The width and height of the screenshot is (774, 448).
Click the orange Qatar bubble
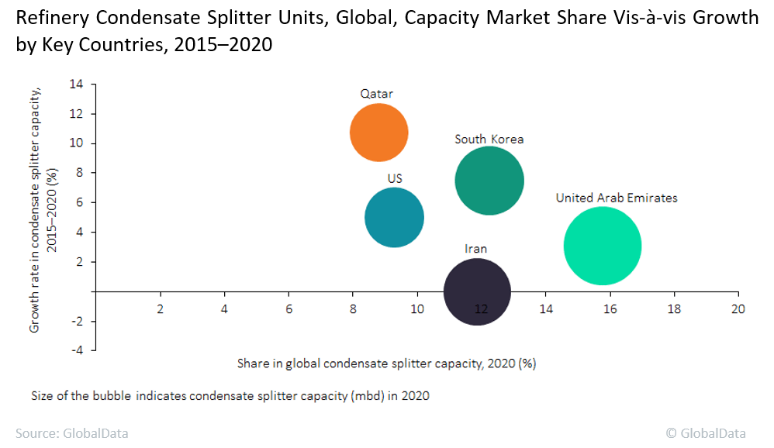(x=378, y=133)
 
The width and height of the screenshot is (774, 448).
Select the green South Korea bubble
(x=489, y=181)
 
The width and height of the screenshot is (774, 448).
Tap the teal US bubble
(x=394, y=218)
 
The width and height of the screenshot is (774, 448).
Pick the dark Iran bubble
(x=477, y=292)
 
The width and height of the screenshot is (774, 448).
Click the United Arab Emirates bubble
(x=602, y=246)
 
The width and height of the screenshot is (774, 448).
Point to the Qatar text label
(x=376, y=94)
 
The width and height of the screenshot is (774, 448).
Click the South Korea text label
(x=489, y=140)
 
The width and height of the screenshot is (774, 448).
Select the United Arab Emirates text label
(x=616, y=198)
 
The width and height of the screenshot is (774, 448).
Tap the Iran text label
(x=475, y=249)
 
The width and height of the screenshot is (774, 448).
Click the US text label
(x=395, y=178)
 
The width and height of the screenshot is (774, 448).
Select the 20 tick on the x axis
(x=738, y=308)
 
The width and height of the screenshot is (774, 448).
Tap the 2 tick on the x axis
(x=161, y=308)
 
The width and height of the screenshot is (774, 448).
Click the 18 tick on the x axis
(x=673, y=308)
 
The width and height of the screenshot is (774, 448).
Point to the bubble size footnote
(x=230, y=395)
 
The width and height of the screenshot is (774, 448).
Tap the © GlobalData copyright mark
(x=706, y=433)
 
